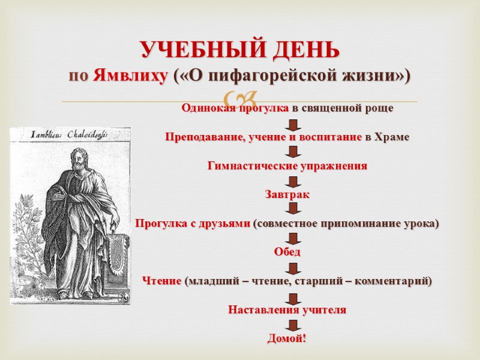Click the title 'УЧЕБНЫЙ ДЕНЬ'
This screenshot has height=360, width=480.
pyautogui.click(x=240, y=50)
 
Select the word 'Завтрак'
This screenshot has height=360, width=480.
pyautogui.click(x=287, y=194)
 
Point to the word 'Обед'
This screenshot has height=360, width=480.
pyautogui.click(x=287, y=252)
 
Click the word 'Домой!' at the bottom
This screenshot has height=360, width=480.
pyautogui.click(x=287, y=339)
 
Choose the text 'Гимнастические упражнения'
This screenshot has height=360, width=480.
pyautogui.click(x=287, y=166)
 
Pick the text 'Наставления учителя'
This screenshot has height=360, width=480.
pyautogui.click(x=287, y=310)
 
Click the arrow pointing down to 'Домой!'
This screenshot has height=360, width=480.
pyautogui.click(x=292, y=325)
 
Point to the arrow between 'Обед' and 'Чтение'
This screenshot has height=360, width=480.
pyautogui.click(x=292, y=267)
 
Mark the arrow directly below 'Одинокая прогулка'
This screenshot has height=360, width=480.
pyautogui.click(x=292, y=124)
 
